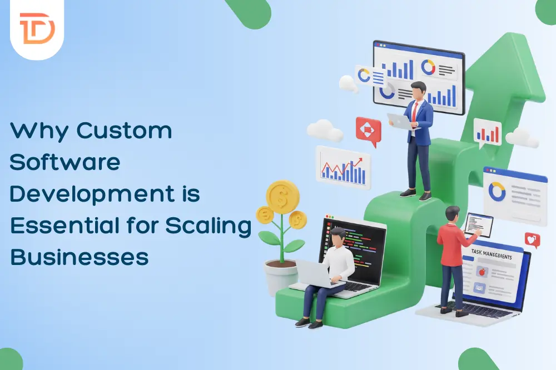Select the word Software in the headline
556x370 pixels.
pos(65,162)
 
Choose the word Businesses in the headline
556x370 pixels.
pos(80,257)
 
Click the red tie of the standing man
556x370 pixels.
pos(415,111)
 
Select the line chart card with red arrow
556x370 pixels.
pos(343,164)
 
